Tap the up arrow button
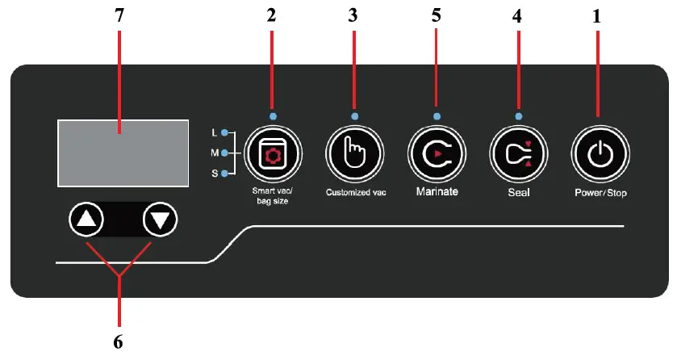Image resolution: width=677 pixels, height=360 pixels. pyautogui.click(x=87, y=219)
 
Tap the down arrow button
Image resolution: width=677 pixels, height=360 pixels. pyautogui.click(x=160, y=219)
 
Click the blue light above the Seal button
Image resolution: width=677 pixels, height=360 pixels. pyautogui.click(x=518, y=117)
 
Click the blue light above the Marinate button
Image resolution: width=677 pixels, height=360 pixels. pyautogui.click(x=437, y=117)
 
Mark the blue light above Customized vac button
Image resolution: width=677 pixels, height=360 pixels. pyautogui.click(x=354, y=117)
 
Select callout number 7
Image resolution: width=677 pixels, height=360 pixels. pyautogui.click(x=119, y=15)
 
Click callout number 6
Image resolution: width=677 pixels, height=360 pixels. pyautogui.click(x=119, y=342)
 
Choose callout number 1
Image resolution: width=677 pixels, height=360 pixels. pyautogui.click(x=597, y=15)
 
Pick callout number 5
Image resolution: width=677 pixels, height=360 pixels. pyautogui.click(x=437, y=15)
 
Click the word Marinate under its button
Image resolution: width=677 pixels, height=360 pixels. pyautogui.click(x=437, y=192)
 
